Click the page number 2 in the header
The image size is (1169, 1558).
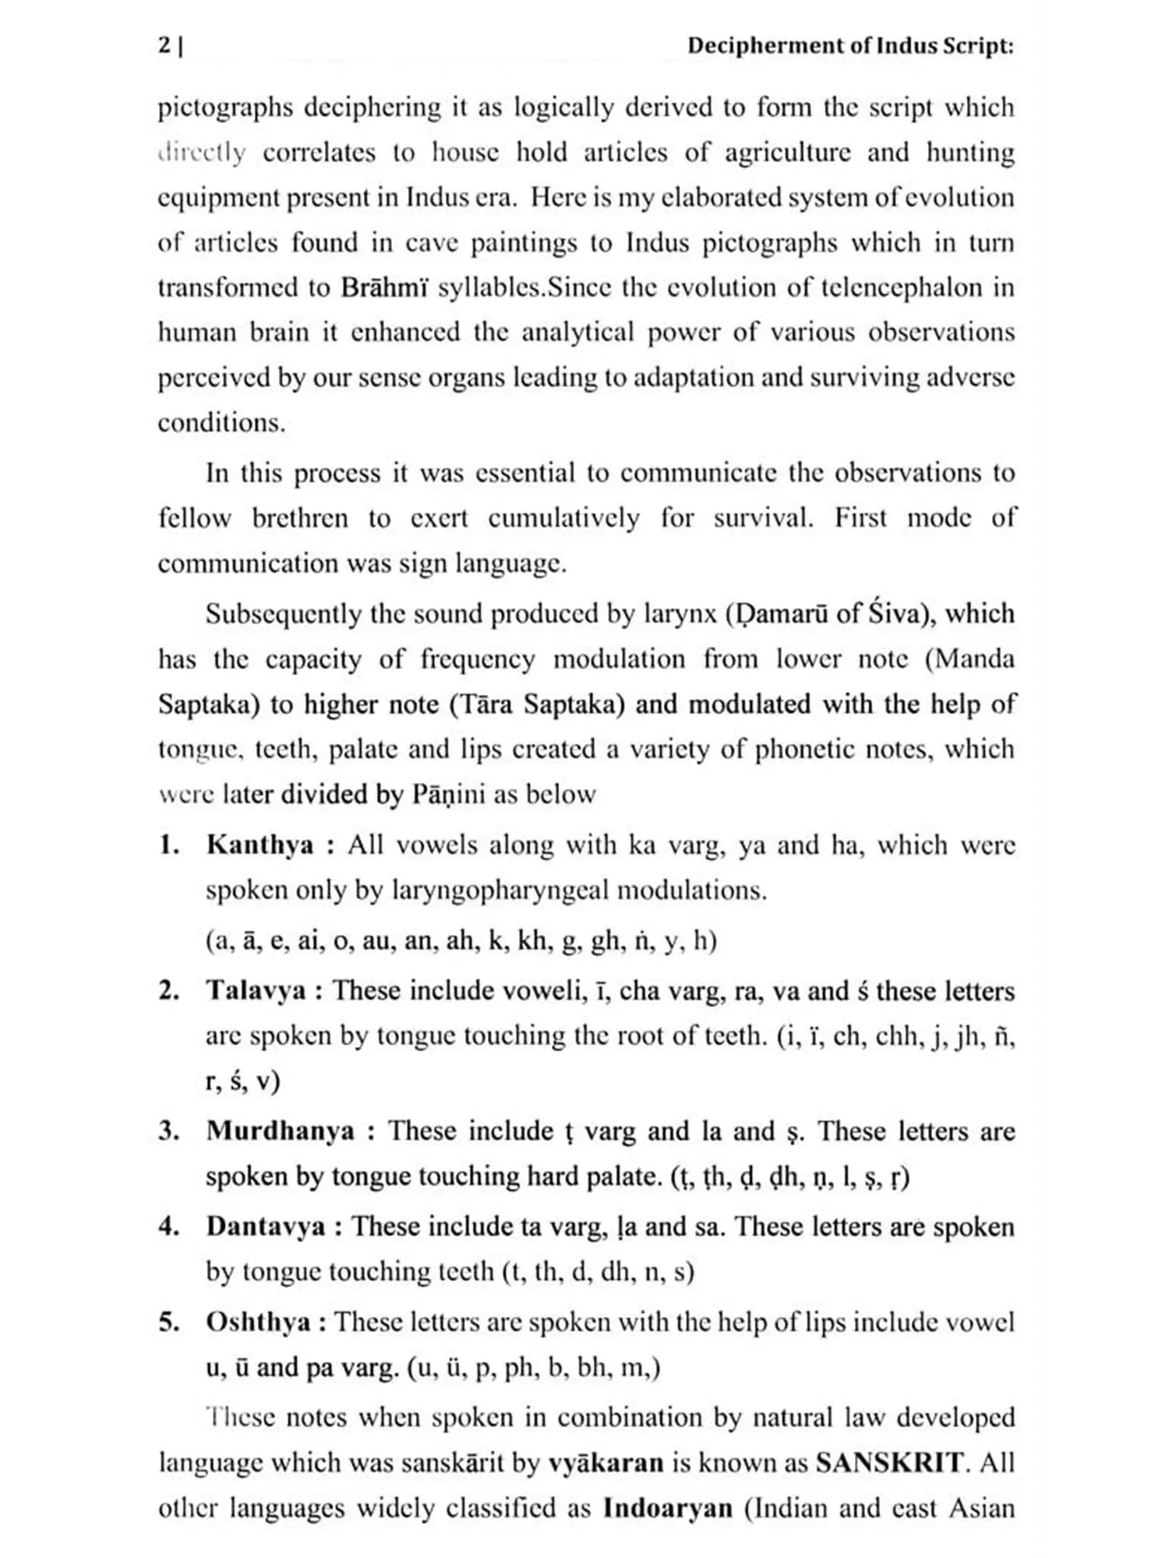pos(164,46)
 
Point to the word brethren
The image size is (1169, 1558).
pos(300,518)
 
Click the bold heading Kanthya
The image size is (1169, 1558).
pos(260,845)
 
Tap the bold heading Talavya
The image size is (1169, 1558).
pos(256,991)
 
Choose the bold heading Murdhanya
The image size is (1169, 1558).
pos(281,1131)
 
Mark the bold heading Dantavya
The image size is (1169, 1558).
pos(266,1226)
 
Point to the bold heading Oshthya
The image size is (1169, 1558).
pos(258,1322)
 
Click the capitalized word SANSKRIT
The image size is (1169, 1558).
pos(889,1462)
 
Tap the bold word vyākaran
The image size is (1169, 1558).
pos(606,1462)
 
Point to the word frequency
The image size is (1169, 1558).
pos(478,660)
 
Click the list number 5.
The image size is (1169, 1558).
pos(168,1322)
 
